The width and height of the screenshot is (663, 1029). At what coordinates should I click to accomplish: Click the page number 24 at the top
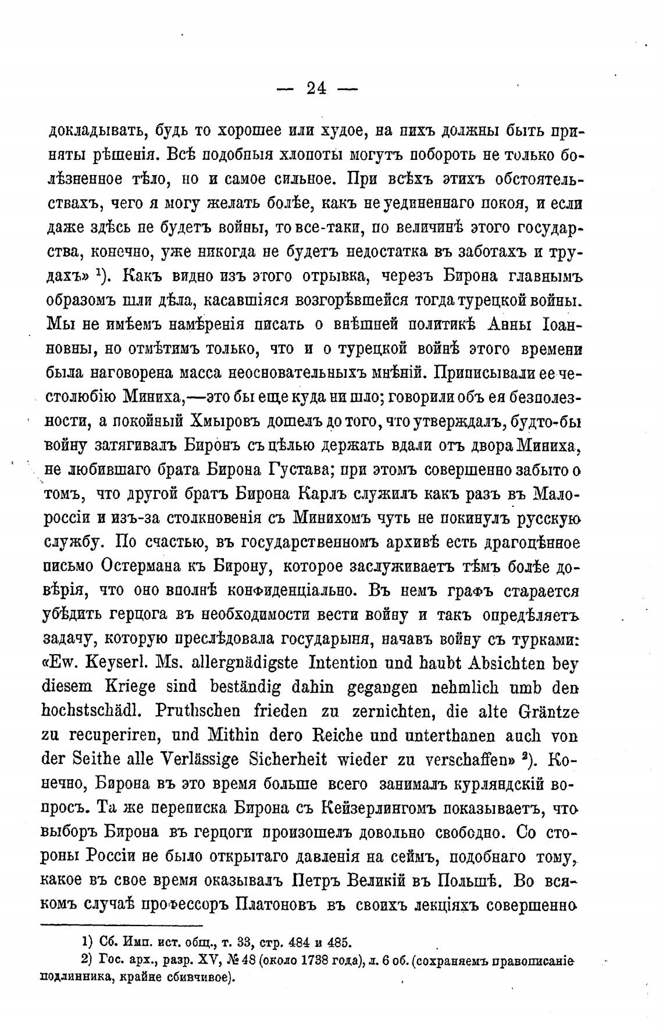pyautogui.click(x=317, y=88)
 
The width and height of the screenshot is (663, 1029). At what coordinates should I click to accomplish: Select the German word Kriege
pyautogui.click(x=122, y=688)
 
